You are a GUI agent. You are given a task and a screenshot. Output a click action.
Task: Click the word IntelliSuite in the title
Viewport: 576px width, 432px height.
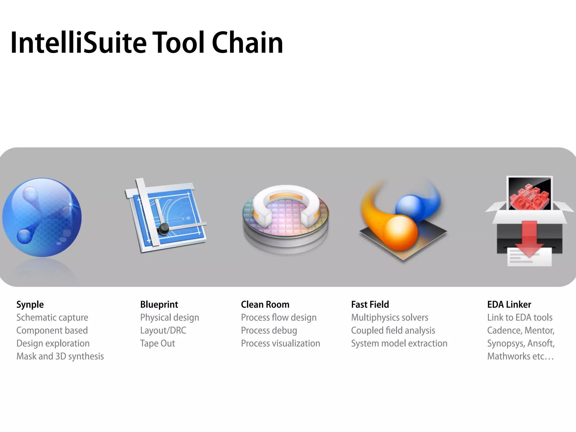pyautogui.click(x=79, y=43)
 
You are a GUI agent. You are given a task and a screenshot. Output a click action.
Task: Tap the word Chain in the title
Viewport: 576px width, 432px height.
pyautogui.click(x=247, y=43)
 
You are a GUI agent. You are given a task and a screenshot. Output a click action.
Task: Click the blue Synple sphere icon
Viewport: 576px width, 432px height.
pyautogui.click(x=42, y=217)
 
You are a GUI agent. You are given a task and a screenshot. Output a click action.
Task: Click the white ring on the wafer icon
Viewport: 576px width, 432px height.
pyautogui.click(x=285, y=202)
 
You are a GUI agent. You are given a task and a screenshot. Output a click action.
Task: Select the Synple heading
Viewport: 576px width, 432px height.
pyautogui.click(x=30, y=305)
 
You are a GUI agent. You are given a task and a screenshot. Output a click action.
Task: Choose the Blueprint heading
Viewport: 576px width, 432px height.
pyautogui.click(x=159, y=305)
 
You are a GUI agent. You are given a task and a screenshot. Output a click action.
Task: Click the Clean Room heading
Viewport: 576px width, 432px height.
pyautogui.click(x=265, y=305)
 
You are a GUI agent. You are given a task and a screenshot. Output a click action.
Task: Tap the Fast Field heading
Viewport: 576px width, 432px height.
pyautogui.click(x=370, y=305)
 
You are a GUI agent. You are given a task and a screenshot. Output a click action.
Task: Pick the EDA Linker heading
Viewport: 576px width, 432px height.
pyautogui.click(x=509, y=305)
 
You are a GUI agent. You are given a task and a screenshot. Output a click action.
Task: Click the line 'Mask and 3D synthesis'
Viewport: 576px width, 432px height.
pyautogui.click(x=60, y=356)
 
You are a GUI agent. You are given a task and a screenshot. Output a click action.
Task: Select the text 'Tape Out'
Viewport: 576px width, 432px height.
pyautogui.click(x=157, y=343)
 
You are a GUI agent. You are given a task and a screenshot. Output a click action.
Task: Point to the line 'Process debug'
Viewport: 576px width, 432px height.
pyautogui.click(x=269, y=330)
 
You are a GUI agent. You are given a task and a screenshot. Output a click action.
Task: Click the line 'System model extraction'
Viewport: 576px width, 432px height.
pyautogui.click(x=399, y=343)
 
